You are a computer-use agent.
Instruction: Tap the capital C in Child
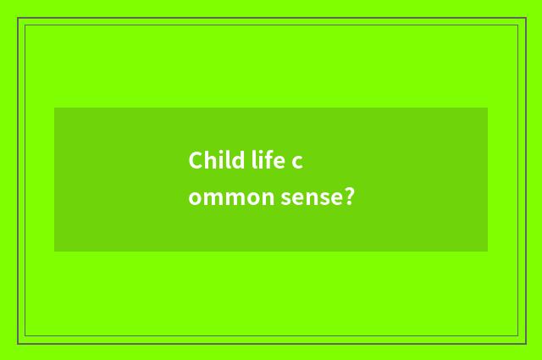[x=196, y=160]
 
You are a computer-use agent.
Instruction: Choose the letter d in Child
[x=236, y=160]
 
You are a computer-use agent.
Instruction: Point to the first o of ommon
[x=195, y=200]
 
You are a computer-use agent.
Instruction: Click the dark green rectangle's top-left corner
[x=54, y=108]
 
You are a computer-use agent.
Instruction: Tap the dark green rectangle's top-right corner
[x=488, y=108]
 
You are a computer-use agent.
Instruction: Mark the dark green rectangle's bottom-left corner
[x=54, y=252]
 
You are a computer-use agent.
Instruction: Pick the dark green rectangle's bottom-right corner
[x=488, y=252]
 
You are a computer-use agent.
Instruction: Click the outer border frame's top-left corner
[x=18, y=18]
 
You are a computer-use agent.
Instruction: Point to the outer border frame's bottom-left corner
[x=18, y=343]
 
